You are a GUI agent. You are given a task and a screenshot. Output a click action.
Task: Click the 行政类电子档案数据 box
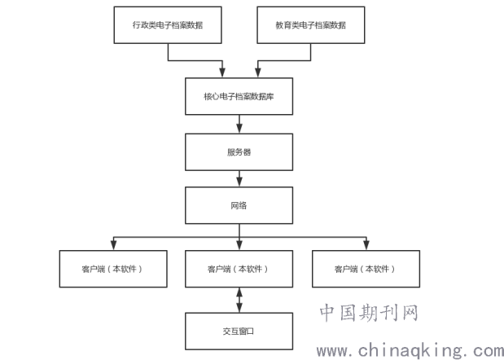coord(167,25)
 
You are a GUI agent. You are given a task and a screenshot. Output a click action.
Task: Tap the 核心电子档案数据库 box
coord(238,97)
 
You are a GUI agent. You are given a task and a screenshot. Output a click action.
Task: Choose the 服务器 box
coord(238,151)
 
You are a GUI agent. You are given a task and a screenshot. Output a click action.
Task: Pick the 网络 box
coord(238,205)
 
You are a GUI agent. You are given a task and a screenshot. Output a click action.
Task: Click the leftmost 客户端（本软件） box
coord(112,269)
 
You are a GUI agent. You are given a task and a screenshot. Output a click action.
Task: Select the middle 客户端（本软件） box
coord(238,269)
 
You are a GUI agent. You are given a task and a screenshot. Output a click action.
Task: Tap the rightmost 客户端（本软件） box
coord(366,269)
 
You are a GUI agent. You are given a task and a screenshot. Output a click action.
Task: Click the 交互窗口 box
coord(238,331)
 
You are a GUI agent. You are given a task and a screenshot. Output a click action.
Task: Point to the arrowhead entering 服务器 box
coord(239,128)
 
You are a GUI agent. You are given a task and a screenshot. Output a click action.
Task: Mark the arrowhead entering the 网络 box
coord(239,182)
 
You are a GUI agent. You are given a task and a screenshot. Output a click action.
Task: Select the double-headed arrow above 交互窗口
coord(239,300)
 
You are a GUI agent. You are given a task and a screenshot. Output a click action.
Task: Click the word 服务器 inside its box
coord(238,151)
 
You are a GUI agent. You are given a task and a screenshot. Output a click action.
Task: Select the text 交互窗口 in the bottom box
coord(238,331)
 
